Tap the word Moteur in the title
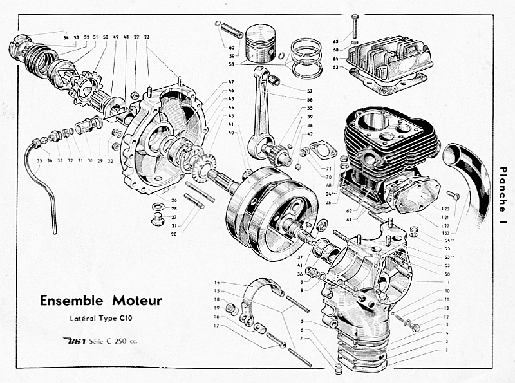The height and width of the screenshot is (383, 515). (x=138, y=301)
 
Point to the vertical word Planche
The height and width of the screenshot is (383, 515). (x=503, y=187)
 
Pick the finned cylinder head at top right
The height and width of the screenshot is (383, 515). (x=386, y=61)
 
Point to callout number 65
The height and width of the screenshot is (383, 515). (x=335, y=32)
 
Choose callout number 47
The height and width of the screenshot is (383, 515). (x=230, y=82)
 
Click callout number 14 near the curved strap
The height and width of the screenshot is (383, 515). (x=218, y=283)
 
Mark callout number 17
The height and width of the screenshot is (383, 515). (x=218, y=326)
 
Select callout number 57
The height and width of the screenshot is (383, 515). (x=310, y=92)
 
